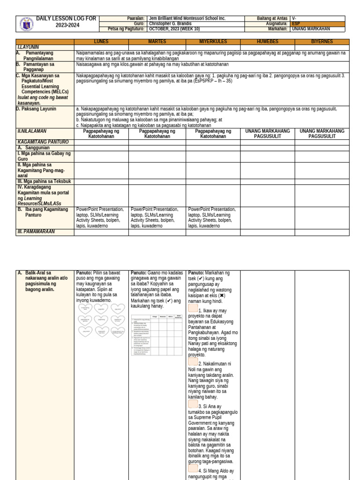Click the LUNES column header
click(101, 42)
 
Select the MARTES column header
click(157, 42)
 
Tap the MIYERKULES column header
click(213, 42)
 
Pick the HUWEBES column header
click(267, 42)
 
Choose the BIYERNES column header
click(322, 42)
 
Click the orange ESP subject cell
click(317, 23)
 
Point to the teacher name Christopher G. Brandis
click(171, 23)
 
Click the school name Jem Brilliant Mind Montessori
click(187, 18)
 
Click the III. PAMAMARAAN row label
click(36, 232)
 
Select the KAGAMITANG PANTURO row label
click(43, 142)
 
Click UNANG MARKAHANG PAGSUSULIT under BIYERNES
click(322, 134)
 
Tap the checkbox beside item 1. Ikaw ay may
click(193, 308)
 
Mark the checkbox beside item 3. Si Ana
click(193, 404)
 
